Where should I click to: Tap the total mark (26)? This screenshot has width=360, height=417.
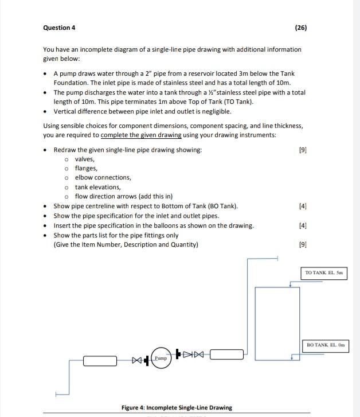301,28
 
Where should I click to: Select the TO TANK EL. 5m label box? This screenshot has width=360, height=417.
324,272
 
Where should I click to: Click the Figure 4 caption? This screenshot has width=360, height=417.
177,408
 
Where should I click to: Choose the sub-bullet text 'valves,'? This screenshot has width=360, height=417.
85,159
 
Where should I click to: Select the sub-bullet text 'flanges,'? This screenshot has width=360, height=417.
87,168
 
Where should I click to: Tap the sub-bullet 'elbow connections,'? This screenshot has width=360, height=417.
103,177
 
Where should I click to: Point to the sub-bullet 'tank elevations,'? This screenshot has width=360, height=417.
98,187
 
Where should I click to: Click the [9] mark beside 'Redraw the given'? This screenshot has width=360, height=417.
303,150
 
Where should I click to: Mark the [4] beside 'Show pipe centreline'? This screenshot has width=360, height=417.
303,205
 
